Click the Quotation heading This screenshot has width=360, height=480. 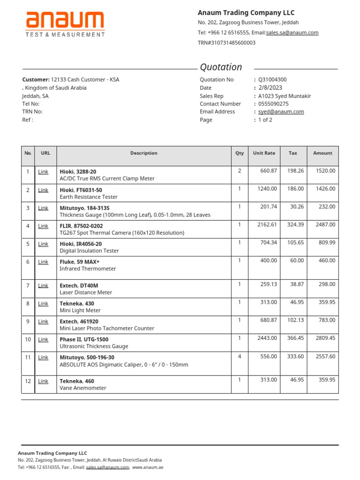point(221,67)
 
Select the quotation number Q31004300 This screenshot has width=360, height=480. point(272,80)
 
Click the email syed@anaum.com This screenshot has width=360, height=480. point(281,112)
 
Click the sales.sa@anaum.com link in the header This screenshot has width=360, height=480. point(292,33)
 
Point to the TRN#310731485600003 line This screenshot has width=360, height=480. point(226,43)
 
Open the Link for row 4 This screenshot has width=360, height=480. point(43,226)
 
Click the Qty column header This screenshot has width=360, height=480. point(240,153)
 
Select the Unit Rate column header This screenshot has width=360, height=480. point(264,153)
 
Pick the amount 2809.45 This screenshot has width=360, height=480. point(325,338)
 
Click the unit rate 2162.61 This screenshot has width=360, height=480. point(267,225)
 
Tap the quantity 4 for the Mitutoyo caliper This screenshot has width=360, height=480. point(240,356)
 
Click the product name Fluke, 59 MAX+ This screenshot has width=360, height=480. point(80,262)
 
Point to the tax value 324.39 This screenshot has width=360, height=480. point(295,225)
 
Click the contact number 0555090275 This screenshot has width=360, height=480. point(273,104)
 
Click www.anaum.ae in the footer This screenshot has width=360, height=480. point(148,467)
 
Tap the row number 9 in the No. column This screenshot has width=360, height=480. point(28,321)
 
